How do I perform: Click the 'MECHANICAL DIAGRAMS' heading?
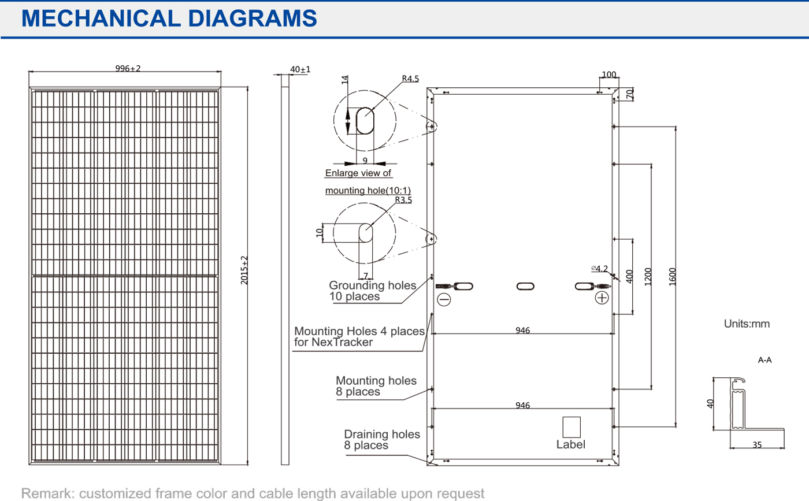pos(169,18)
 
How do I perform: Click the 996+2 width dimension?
pos(128,68)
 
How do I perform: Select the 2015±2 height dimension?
pos(244,270)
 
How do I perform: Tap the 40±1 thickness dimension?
pos(300,69)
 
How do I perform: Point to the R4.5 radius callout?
pos(410,79)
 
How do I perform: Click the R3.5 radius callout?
pos(403,201)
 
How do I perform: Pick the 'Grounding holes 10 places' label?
pos(372,291)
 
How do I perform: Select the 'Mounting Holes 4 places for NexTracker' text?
pos(359,336)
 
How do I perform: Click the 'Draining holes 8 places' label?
pos(381,440)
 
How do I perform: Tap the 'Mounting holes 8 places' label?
pos(376,386)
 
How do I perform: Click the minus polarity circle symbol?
pos(444,299)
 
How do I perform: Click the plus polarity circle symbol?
pos(602,298)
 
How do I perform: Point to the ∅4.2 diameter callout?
pos(599,268)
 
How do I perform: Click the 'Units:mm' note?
pos(747,324)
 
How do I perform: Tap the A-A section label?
pos(765,360)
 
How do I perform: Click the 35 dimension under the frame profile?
pos(757,445)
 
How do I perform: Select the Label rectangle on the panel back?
pos(572,427)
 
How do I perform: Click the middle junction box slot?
pos(525,286)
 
